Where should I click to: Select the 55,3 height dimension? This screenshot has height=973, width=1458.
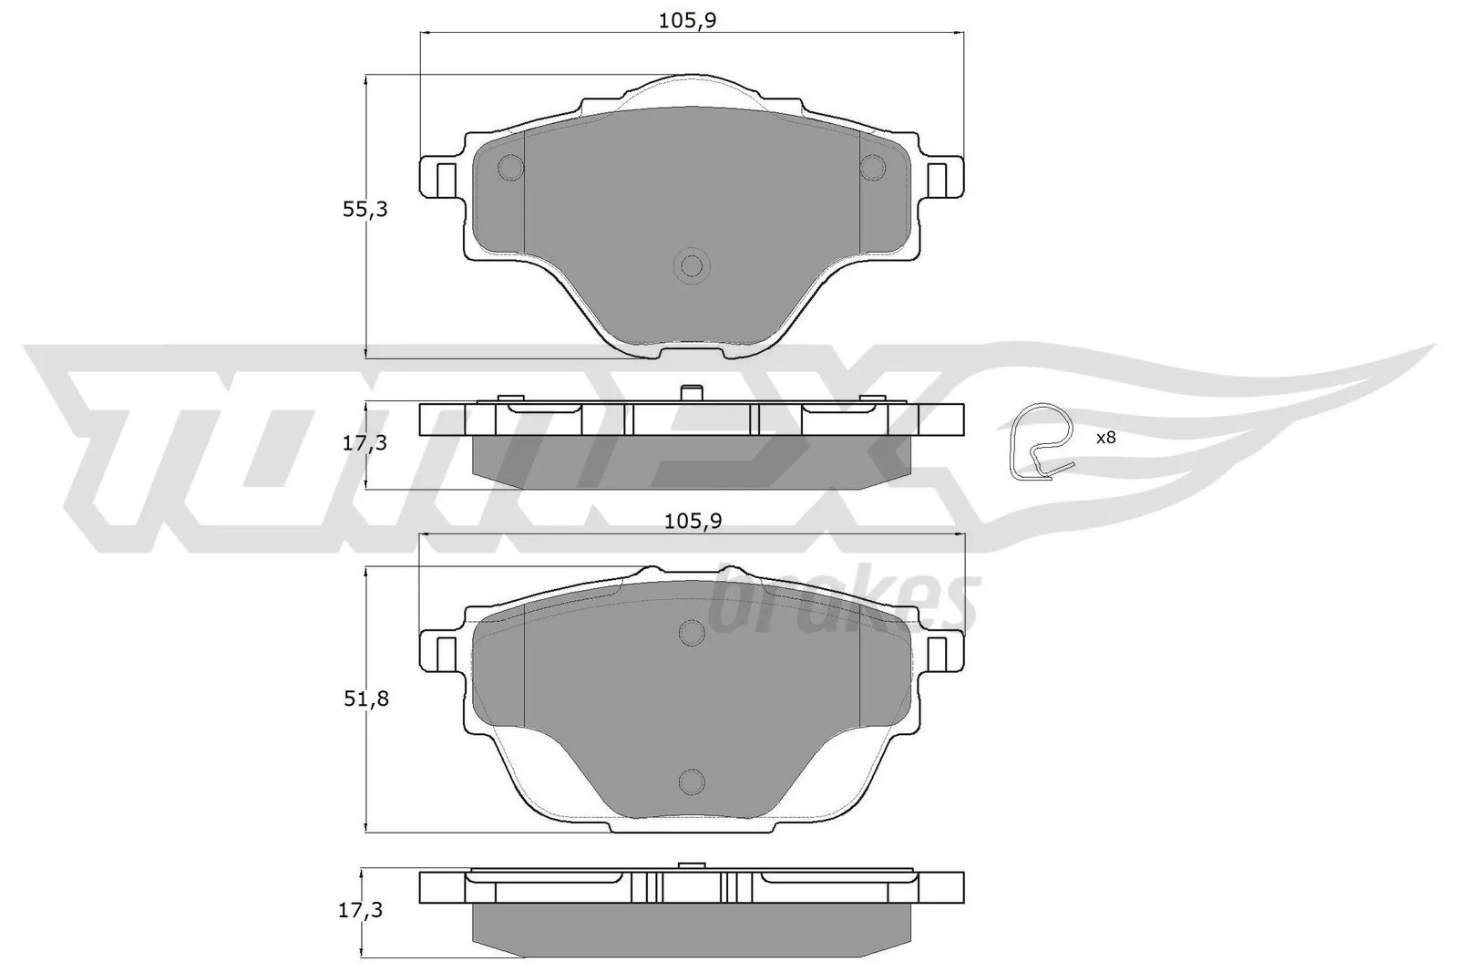(x=364, y=209)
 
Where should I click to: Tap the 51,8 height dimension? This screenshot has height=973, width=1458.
(x=364, y=699)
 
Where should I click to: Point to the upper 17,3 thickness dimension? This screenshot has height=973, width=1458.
(x=364, y=443)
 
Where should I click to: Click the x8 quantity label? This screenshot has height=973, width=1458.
(x=1105, y=438)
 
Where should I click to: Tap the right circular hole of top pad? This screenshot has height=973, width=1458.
(x=873, y=167)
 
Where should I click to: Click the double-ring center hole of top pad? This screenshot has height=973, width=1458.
(x=692, y=266)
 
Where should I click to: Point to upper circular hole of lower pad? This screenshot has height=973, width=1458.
(x=692, y=633)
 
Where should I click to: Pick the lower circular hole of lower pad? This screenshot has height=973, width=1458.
(x=692, y=781)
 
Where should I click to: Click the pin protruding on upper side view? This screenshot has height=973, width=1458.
(x=692, y=393)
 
